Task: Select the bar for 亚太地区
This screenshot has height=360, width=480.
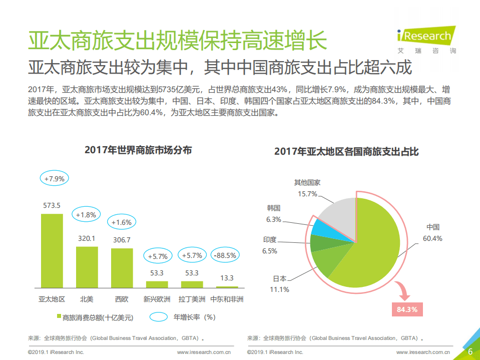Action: [x=52, y=250]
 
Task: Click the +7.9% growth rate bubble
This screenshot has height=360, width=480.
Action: [x=54, y=178]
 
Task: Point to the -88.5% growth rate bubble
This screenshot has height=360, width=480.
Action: [x=225, y=255]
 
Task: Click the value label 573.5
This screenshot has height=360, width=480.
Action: [x=52, y=205]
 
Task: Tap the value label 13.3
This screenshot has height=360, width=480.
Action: [x=226, y=278]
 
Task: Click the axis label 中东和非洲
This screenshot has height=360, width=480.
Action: [x=226, y=299]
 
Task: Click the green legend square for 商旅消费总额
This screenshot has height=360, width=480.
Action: [x=58, y=317]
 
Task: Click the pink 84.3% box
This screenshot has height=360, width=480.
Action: [x=406, y=309]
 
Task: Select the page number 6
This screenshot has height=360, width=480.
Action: [x=470, y=351]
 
